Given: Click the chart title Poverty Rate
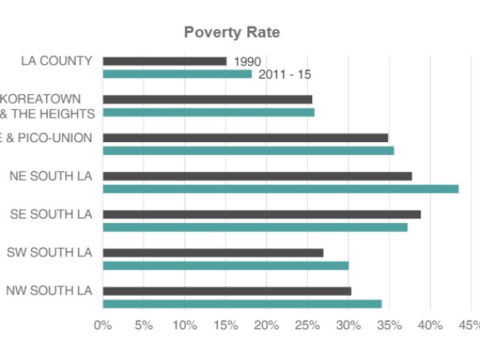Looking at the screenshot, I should coord(231,32).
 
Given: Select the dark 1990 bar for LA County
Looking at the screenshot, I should coord(164,61).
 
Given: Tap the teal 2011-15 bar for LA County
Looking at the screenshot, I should coord(177,74).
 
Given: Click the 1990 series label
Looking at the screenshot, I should coord(247,62).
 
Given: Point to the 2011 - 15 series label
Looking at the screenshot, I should coord(284,74).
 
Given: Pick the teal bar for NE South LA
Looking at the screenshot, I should coord(281,189).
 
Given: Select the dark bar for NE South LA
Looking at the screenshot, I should coord(257,176).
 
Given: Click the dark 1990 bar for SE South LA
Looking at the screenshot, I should coord(261,214).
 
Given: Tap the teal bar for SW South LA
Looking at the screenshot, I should coord(226,266).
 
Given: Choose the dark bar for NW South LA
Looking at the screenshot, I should coord(227,291).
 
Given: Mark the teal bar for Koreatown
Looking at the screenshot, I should coord(209,112).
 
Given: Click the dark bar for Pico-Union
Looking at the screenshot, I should coord(245,138).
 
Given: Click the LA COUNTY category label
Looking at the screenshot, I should coord(57,61).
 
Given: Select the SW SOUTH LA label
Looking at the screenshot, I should coord(49,252).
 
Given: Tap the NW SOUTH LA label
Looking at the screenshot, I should coord(49,291).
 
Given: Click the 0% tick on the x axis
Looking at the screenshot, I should coord(103,326).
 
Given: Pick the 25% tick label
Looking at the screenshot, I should coord(307,326).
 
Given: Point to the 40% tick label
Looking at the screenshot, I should coord(429,326).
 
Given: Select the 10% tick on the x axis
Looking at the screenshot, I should coord(184,326).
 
